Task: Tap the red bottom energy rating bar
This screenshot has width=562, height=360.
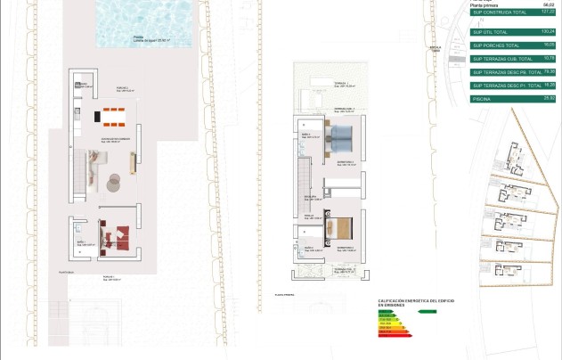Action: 393,337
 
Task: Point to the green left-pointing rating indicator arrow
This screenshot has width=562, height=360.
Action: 428,311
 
